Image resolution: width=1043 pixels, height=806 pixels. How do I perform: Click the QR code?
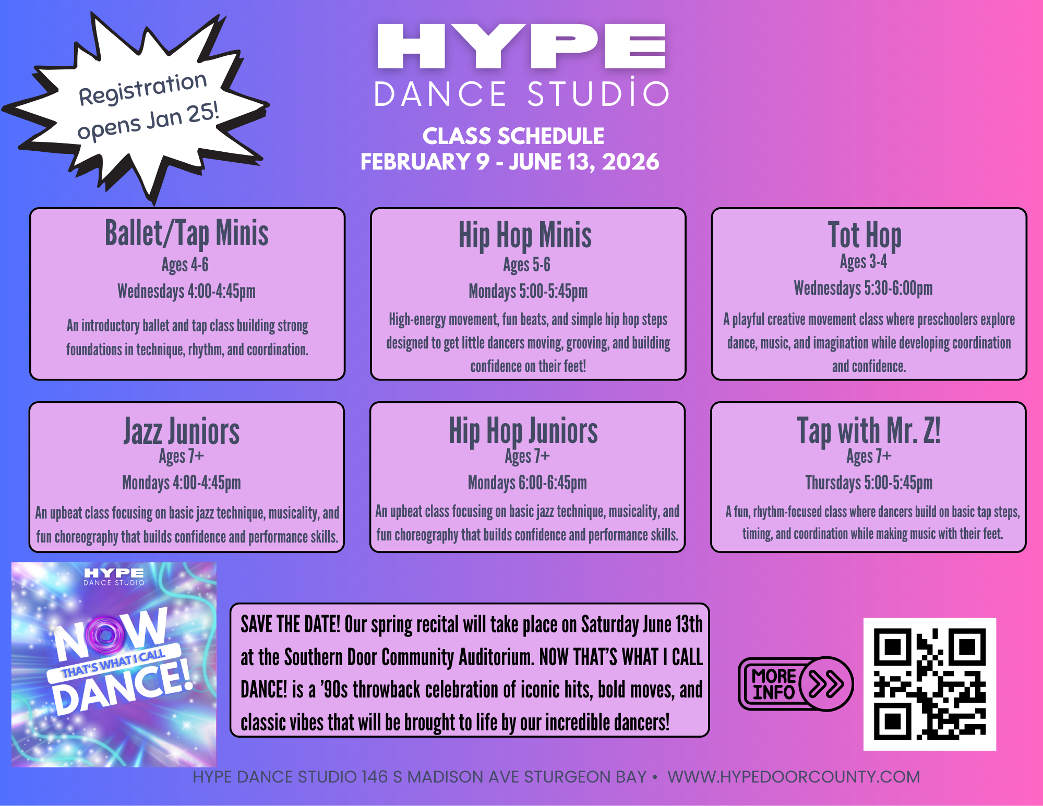[x=930, y=684]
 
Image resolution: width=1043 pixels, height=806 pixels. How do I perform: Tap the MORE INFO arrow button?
[x=796, y=684]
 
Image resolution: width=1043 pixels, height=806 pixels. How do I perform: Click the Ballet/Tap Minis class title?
[x=187, y=233]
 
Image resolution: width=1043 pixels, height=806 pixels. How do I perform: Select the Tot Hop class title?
[x=865, y=235]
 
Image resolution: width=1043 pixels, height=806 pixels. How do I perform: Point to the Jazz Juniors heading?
[x=182, y=431]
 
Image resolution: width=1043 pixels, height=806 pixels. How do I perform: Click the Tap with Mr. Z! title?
[x=869, y=431]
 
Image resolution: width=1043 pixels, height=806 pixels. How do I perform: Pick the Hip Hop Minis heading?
[x=525, y=235]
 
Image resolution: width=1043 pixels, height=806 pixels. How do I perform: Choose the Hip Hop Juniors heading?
[x=523, y=431]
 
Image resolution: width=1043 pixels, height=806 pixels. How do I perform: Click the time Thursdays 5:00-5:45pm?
[x=869, y=483]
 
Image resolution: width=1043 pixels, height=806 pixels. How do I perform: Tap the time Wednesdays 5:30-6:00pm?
[x=864, y=288]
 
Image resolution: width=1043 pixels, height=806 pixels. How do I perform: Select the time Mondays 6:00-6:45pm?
[x=528, y=483]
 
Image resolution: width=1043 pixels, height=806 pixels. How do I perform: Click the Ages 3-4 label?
[x=864, y=262]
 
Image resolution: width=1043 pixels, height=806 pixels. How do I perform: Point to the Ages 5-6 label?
[x=526, y=265]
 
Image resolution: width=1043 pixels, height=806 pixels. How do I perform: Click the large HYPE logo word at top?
[x=522, y=46]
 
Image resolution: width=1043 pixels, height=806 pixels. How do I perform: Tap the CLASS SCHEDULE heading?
[x=513, y=136]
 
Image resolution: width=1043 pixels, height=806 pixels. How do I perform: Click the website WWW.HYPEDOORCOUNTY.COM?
[x=794, y=777]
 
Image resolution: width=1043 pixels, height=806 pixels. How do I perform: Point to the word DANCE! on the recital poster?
[x=123, y=687]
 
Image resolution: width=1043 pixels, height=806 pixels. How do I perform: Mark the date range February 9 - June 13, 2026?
[x=510, y=162]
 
